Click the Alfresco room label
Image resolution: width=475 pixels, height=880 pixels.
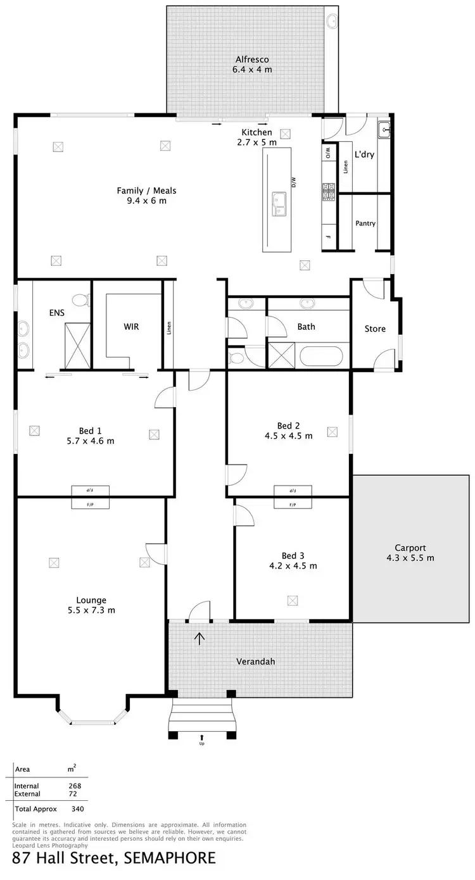252,60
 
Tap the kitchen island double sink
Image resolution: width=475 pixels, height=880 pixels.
279,204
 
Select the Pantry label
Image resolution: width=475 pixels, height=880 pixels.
365,223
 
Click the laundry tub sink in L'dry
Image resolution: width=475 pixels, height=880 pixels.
384,130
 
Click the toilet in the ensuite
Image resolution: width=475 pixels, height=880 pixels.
80,299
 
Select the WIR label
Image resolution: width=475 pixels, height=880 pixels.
131,327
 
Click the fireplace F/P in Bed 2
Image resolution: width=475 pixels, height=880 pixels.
293,505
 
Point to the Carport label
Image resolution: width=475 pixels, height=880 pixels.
410,548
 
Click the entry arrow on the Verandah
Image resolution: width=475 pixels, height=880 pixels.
200,638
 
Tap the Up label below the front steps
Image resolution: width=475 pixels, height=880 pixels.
202,743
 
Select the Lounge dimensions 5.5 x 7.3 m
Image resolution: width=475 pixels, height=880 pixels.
92,610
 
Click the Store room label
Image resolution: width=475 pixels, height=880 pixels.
375,329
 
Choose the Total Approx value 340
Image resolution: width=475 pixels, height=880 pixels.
78,808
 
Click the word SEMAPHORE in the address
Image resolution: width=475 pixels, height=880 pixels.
169,858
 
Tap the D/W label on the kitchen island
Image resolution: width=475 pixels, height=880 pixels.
294,182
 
